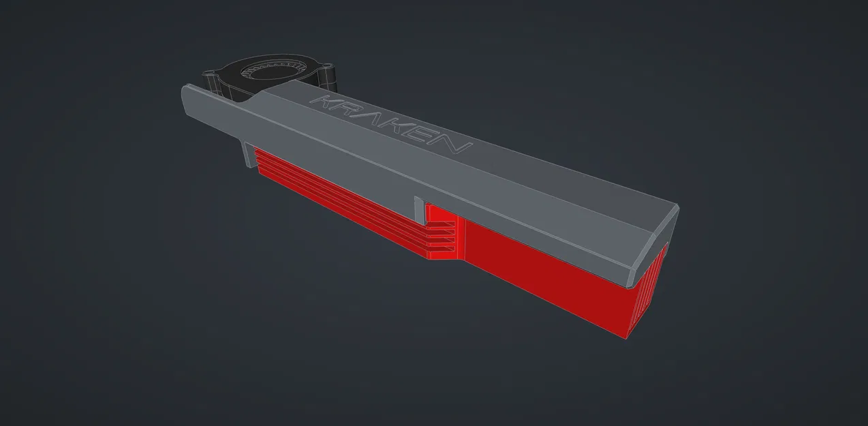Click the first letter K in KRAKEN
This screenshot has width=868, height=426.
click(x=322, y=103)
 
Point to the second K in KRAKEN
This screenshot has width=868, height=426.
click(x=402, y=129)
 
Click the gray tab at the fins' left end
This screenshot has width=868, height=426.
click(x=247, y=153)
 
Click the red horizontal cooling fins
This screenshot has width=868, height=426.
click(x=341, y=204)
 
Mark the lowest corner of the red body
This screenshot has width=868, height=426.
click(x=627, y=337)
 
